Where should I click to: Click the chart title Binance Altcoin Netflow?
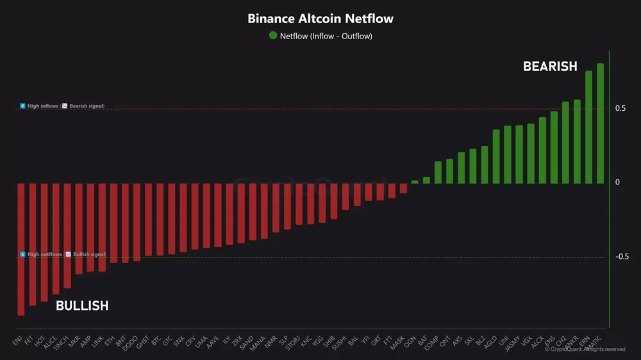click(320, 19)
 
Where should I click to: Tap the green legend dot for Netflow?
click(274, 36)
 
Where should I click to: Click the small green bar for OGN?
click(415, 182)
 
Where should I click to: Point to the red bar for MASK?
click(403, 188)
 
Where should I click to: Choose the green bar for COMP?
click(438, 172)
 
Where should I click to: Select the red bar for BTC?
click(160, 219)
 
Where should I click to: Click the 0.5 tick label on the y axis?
click(620, 108)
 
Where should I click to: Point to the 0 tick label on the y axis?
click(617, 183)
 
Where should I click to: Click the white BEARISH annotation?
click(550, 67)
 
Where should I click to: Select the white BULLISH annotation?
click(82, 306)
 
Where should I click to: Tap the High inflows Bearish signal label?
click(62, 106)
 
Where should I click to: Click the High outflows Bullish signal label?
click(63, 254)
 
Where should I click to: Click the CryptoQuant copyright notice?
click(585, 349)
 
